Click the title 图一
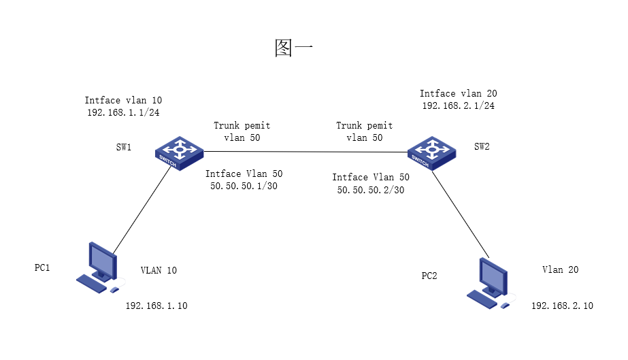293,48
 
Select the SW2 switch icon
431,151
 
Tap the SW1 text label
123,147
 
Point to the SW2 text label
482,146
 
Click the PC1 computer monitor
102,261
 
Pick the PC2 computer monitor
493,276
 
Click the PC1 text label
42,267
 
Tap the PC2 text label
429,276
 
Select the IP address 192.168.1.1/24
123,112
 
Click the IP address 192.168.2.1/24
458,105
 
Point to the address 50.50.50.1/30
244,186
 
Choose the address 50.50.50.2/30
371,190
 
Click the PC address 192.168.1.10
156,306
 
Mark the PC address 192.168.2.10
562,306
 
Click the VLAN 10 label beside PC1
159,270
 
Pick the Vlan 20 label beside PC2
560,269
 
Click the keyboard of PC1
92,282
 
